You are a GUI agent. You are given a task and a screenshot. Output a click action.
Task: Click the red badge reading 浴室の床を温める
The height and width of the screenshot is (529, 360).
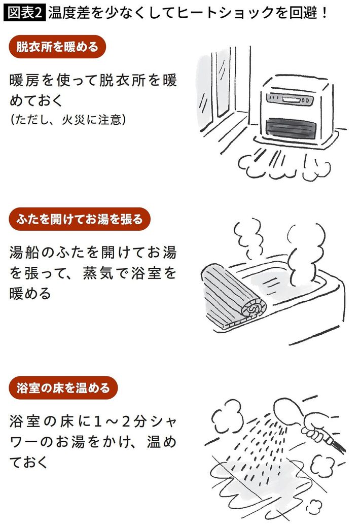63,389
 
